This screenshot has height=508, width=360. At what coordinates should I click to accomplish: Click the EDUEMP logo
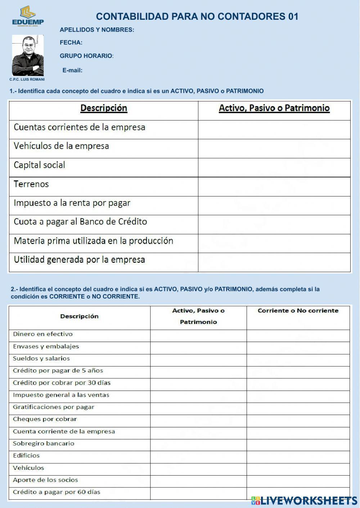coord(28,16)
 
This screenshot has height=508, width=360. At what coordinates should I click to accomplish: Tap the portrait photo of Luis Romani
coord(28,55)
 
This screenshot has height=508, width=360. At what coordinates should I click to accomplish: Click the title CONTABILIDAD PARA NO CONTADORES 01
coord(197,17)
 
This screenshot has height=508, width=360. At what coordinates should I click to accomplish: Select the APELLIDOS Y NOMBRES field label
coord(97,30)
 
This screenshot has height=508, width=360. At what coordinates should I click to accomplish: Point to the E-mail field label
coord(72,70)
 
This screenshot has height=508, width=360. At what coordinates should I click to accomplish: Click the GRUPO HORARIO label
coord(86,56)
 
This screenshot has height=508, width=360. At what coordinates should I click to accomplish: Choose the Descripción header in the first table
coord(104,108)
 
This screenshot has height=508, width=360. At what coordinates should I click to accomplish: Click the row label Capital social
coord(39,165)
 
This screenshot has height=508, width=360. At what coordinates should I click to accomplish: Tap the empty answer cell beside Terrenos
coord(274,186)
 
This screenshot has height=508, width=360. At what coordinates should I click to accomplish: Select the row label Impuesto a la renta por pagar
coord(72,203)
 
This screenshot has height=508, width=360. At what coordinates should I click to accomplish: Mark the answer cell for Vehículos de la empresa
coord(274,148)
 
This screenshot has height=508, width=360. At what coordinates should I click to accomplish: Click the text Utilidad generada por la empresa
coord(79,260)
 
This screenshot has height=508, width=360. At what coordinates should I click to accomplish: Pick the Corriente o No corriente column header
coord(298,311)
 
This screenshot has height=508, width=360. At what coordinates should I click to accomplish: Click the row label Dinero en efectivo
coord(43,334)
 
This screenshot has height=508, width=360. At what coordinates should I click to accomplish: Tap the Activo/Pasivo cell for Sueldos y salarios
coord(198,360)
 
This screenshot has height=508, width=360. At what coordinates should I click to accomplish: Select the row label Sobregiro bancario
coord(44,444)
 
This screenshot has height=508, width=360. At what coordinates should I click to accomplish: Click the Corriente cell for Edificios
coord(298,457)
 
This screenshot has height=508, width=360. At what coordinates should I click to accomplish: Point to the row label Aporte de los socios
coord(45,480)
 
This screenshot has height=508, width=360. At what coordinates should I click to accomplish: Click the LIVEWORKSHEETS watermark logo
coord(304,500)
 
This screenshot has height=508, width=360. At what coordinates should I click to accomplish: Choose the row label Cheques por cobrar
coord(45,419)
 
